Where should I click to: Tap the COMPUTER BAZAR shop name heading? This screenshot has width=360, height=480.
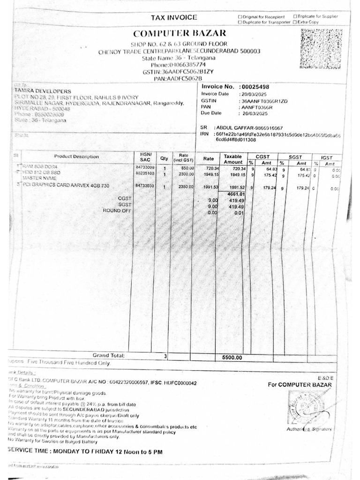(x=180, y=33)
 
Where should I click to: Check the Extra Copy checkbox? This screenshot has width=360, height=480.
(x=295, y=22)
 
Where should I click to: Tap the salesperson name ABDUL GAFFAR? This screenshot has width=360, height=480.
(x=235, y=127)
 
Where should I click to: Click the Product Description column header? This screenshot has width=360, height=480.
(x=76, y=157)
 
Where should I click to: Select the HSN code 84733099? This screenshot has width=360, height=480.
(x=145, y=167)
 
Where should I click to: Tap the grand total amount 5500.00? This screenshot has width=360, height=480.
(x=232, y=357)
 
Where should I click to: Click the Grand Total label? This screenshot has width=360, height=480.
(x=108, y=356)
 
